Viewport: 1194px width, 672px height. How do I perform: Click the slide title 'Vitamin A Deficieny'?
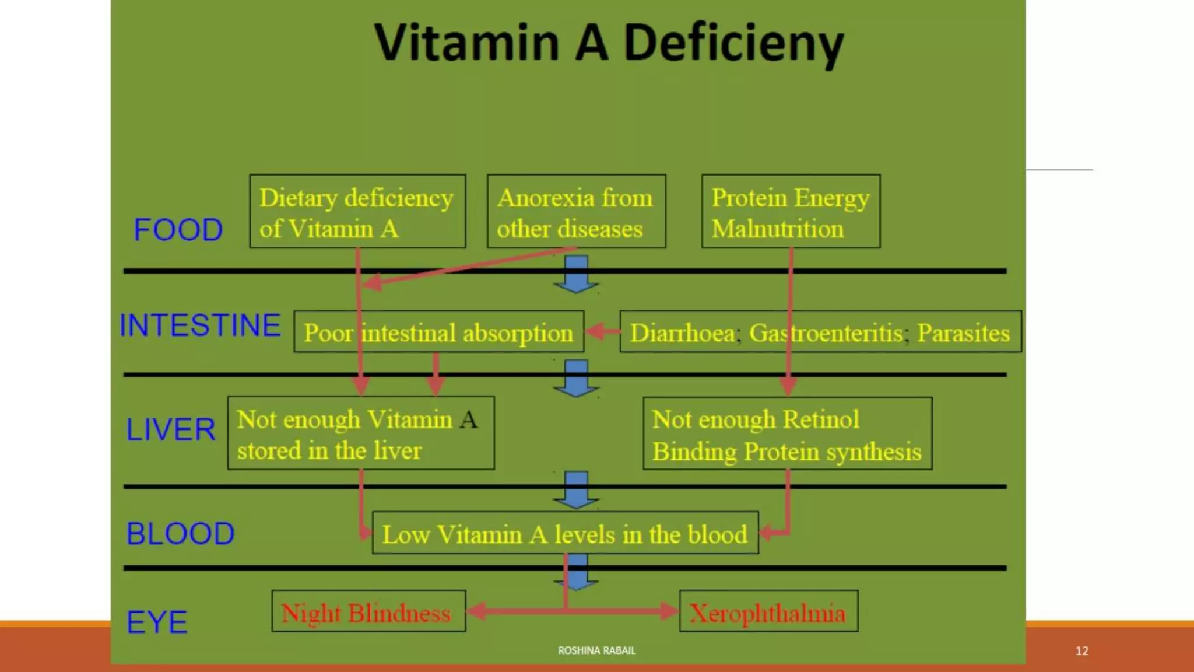(609, 43)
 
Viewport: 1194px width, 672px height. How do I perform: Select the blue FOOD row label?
(178, 230)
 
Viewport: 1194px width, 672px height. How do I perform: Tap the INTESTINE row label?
(200, 325)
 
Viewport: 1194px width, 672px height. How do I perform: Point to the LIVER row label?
(171, 430)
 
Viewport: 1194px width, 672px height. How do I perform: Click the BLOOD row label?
(180, 534)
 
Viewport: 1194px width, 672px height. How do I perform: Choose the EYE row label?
(157, 622)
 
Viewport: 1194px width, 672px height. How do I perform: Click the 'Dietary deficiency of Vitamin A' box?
(357, 212)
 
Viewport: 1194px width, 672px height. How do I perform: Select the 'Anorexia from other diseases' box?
(576, 212)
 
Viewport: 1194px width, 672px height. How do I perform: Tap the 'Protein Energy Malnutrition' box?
(791, 212)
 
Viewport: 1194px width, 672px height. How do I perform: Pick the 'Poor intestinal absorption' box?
(438, 332)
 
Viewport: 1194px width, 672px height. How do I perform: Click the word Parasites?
(963, 332)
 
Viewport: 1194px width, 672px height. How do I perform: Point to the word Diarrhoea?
(683, 332)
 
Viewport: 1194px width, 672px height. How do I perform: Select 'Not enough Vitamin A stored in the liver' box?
(361, 433)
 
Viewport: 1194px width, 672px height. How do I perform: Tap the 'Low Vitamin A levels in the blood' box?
(565, 534)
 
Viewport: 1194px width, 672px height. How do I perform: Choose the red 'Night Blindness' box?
(368, 612)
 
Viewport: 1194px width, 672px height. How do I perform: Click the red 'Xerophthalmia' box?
(768, 612)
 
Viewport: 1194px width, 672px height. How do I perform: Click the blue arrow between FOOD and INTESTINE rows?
(576, 275)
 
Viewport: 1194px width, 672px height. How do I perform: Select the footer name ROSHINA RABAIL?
(596, 650)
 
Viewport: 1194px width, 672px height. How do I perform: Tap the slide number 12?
(1081, 651)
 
